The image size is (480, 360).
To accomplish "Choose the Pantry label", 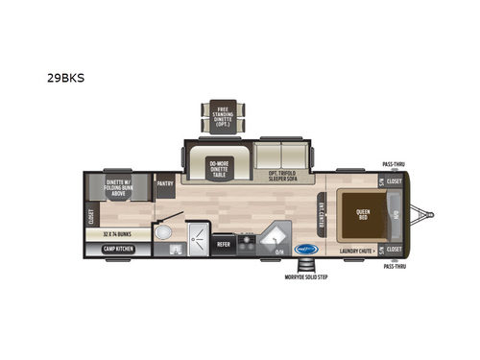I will click(164, 182).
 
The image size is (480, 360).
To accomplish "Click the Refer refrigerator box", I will click(223, 244).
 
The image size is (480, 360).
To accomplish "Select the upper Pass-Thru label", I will click(393, 164).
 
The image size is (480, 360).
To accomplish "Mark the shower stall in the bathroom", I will click(198, 234).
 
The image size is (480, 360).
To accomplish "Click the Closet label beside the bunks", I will click(91, 215).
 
